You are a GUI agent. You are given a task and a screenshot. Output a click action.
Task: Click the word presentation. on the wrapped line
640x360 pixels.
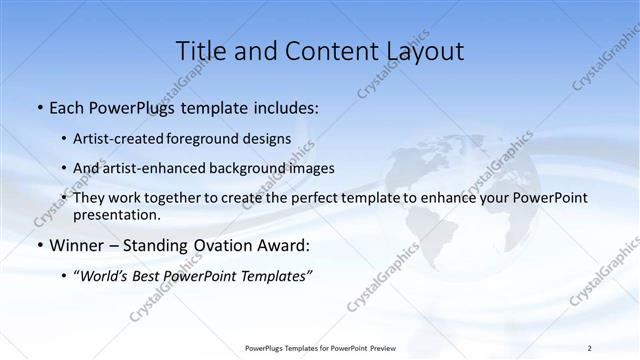pyautogui.click(x=116, y=214)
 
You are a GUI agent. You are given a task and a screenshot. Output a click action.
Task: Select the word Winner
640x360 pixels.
pyautogui.click(x=76, y=245)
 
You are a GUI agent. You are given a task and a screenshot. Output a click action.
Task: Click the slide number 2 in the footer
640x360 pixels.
pyautogui.click(x=589, y=348)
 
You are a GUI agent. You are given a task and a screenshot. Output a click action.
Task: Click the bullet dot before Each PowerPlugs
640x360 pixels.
pyautogui.click(x=39, y=107)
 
